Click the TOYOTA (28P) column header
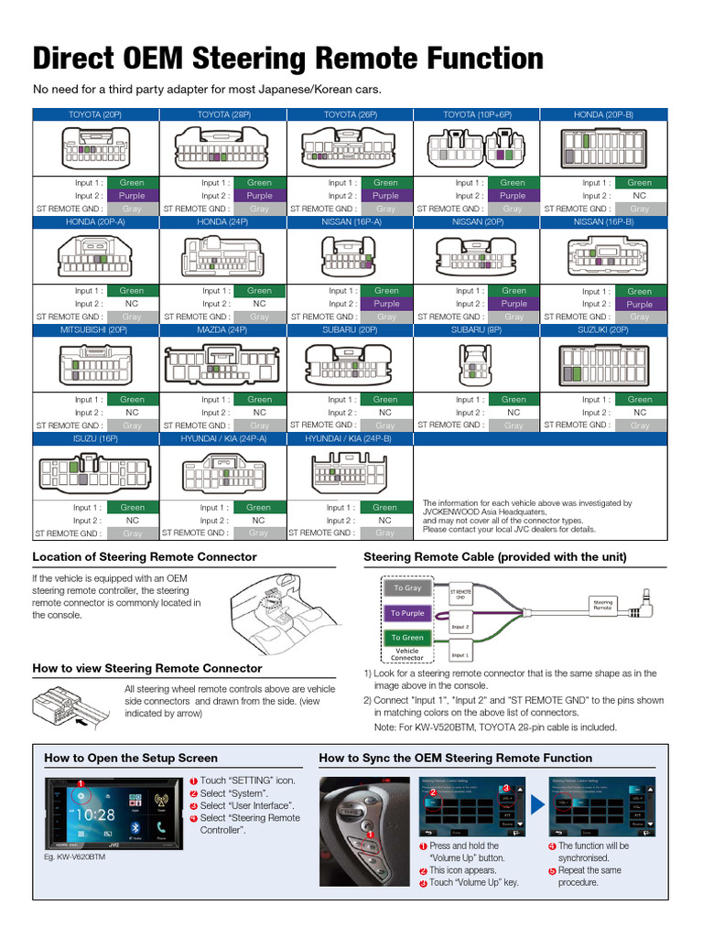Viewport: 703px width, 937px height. click(223, 114)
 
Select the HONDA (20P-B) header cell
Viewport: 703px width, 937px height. click(603, 114)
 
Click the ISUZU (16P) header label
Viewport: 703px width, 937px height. click(96, 439)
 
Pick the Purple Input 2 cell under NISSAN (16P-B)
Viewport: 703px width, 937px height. click(640, 304)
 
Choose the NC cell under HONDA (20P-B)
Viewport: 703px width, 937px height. click(640, 196)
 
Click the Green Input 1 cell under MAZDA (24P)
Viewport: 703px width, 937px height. click(260, 399)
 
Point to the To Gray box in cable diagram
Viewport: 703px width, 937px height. click(407, 588)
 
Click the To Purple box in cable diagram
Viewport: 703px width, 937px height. click(407, 613)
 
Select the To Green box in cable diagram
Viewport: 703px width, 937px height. click(407, 637)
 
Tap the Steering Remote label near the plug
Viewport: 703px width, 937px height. click(602, 604)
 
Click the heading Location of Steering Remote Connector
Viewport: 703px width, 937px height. click(145, 556)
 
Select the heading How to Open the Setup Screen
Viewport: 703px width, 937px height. click(131, 758)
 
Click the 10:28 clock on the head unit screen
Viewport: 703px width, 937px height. click(95, 813)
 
